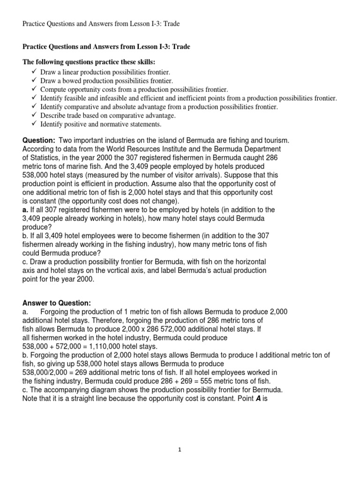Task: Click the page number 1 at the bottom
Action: [x=180, y=450]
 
